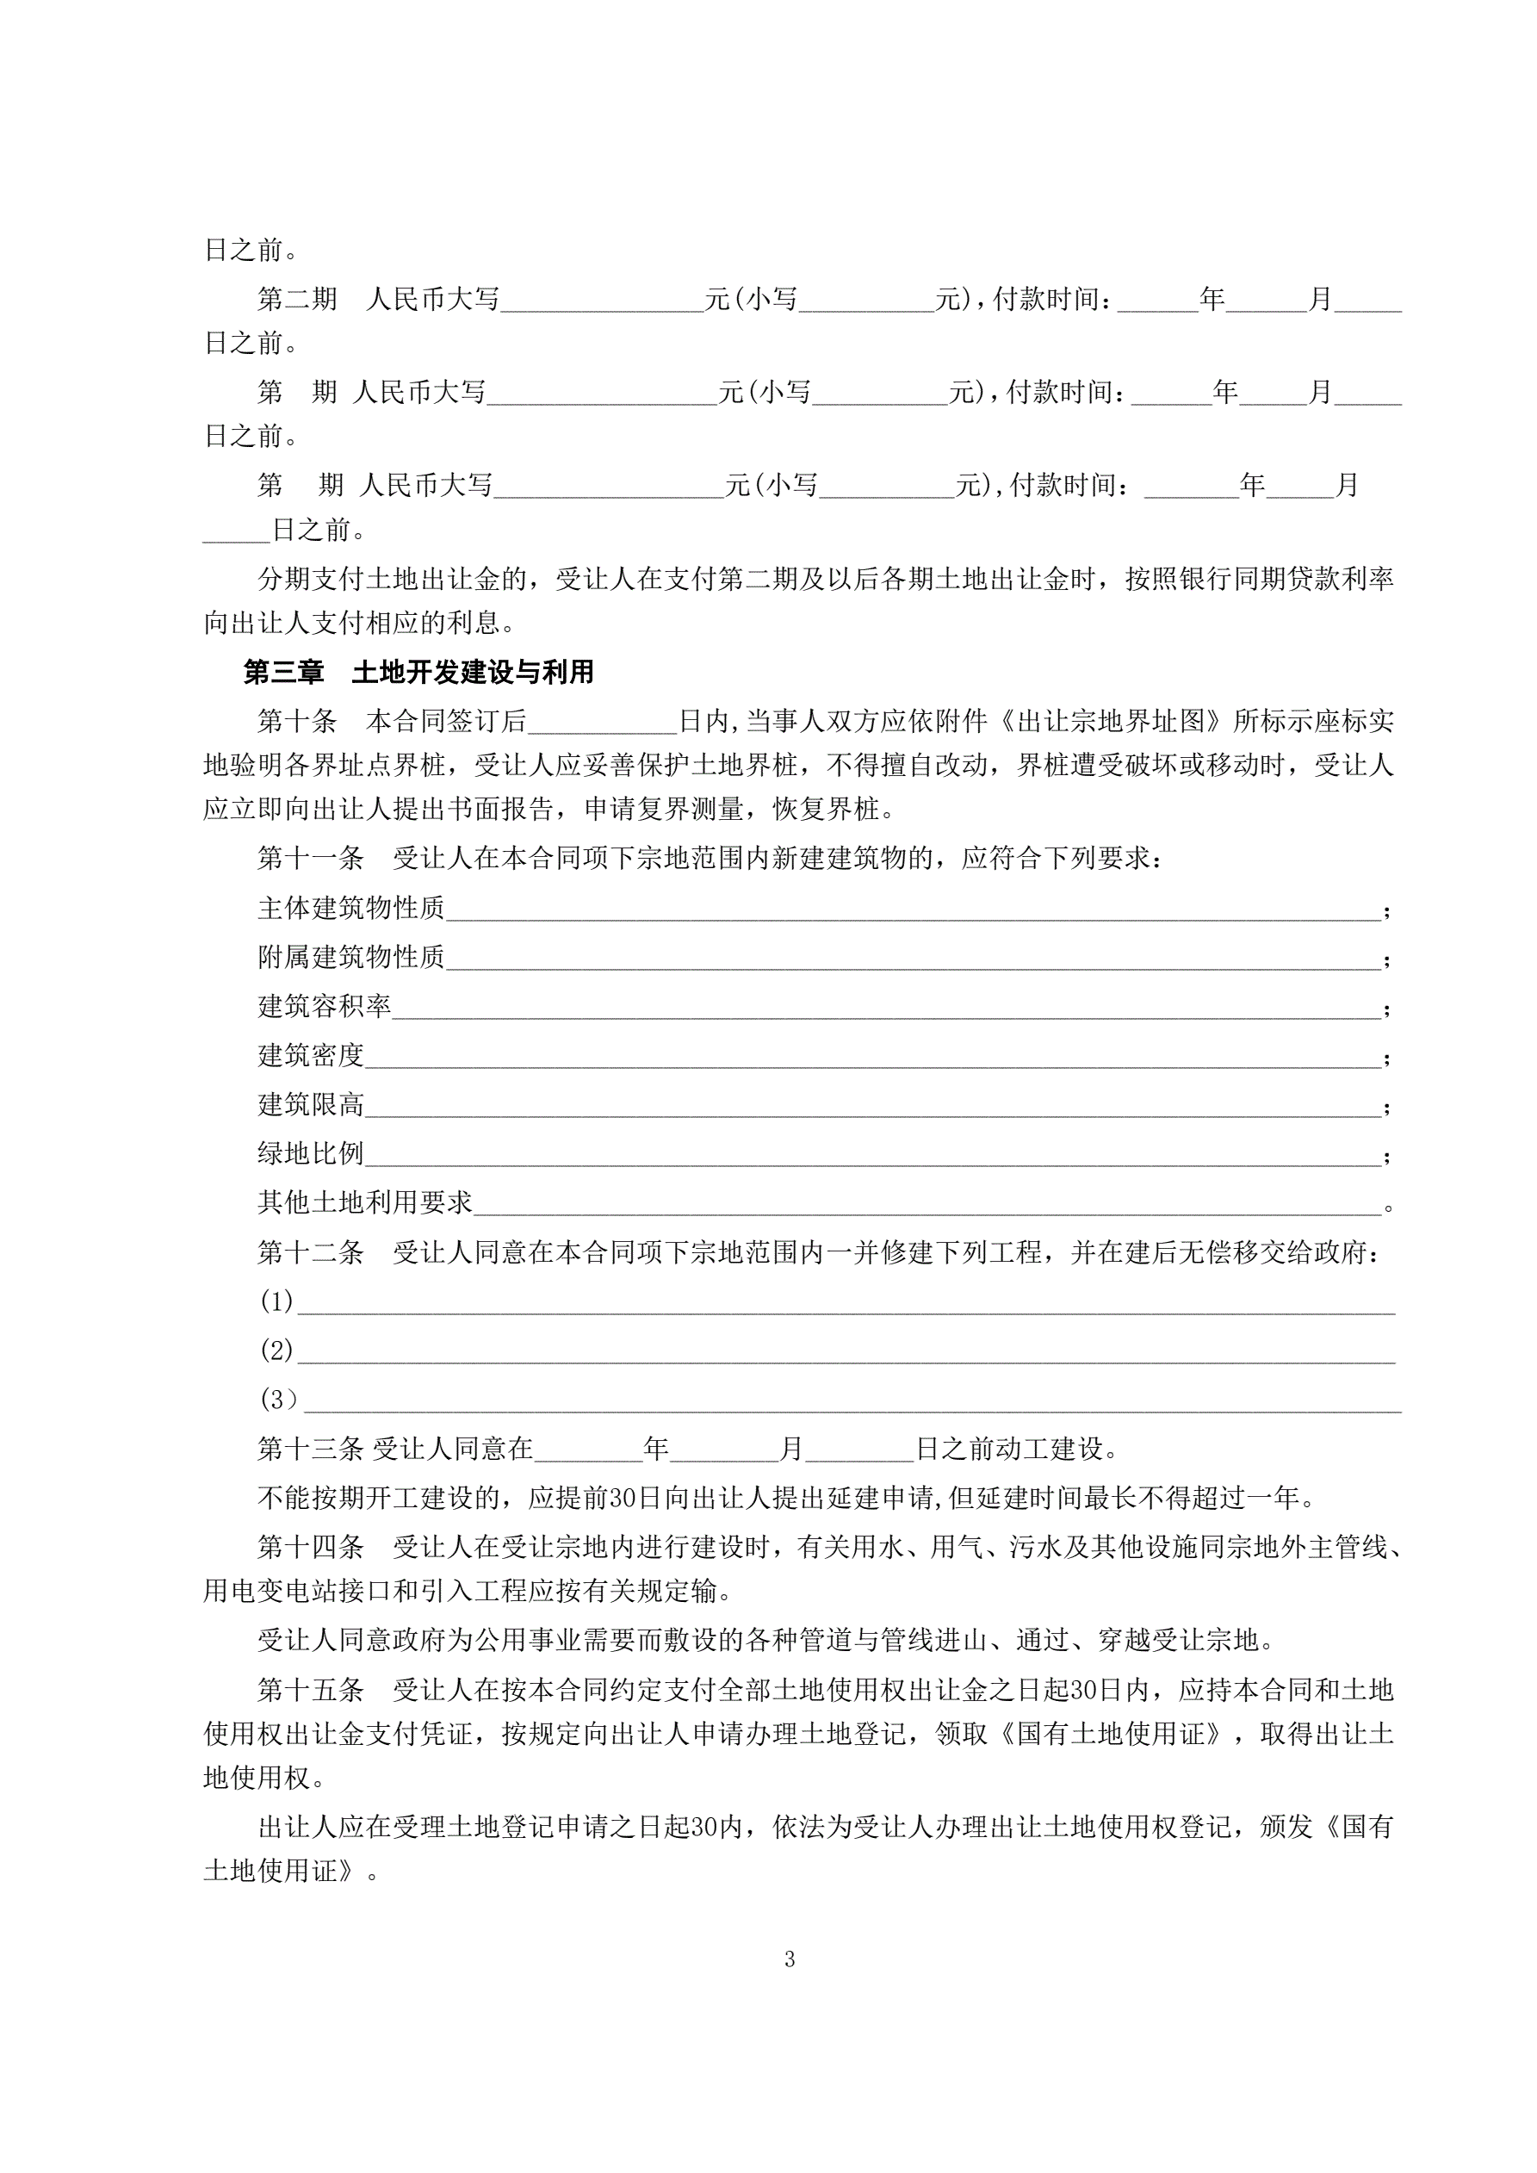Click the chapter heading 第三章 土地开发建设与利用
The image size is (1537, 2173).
[x=418, y=672]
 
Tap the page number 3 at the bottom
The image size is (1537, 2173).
[x=790, y=1959]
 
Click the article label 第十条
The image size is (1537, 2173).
[x=296, y=721]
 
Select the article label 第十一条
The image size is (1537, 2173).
[x=311, y=859]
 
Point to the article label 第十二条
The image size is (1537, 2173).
[x=311, y=1252]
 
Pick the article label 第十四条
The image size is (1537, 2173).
[x=311, y=1548]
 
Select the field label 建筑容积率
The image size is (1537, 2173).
[x=324, y=1006]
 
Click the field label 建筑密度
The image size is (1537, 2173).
[x=311, y=1055]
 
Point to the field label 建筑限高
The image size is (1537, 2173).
[x=311, y=1104]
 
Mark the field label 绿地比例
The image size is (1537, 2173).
[x=311, y=1154]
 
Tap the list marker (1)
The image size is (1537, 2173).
[x=276, y=1301]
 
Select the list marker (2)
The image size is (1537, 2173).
[x=276, y=1350]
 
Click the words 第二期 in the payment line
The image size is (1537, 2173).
[x=296, y=299]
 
